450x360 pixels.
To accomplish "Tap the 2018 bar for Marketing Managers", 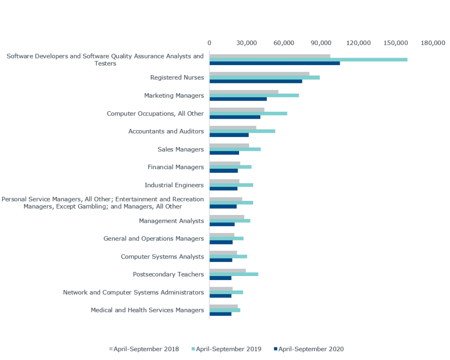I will point(244,92).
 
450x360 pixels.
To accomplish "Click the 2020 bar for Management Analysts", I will point(222,225).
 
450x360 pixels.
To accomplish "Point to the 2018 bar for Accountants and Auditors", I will point(233,127).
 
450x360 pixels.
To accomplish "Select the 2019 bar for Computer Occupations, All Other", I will point(248,113).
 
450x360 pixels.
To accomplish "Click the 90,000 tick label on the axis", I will point(321,43).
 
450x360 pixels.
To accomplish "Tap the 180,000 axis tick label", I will point(433,43).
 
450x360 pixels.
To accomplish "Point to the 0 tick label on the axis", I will point(209,43).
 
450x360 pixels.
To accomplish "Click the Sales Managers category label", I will point(181,149).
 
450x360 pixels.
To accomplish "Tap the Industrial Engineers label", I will point(174,185).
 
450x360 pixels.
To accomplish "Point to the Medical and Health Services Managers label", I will point(147,310).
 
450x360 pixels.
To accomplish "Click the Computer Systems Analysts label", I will point(162,257).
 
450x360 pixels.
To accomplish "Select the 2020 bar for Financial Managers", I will point(224,171).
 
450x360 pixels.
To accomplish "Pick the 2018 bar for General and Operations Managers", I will point(221,235).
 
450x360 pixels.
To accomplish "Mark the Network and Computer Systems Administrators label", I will point(134,292).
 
